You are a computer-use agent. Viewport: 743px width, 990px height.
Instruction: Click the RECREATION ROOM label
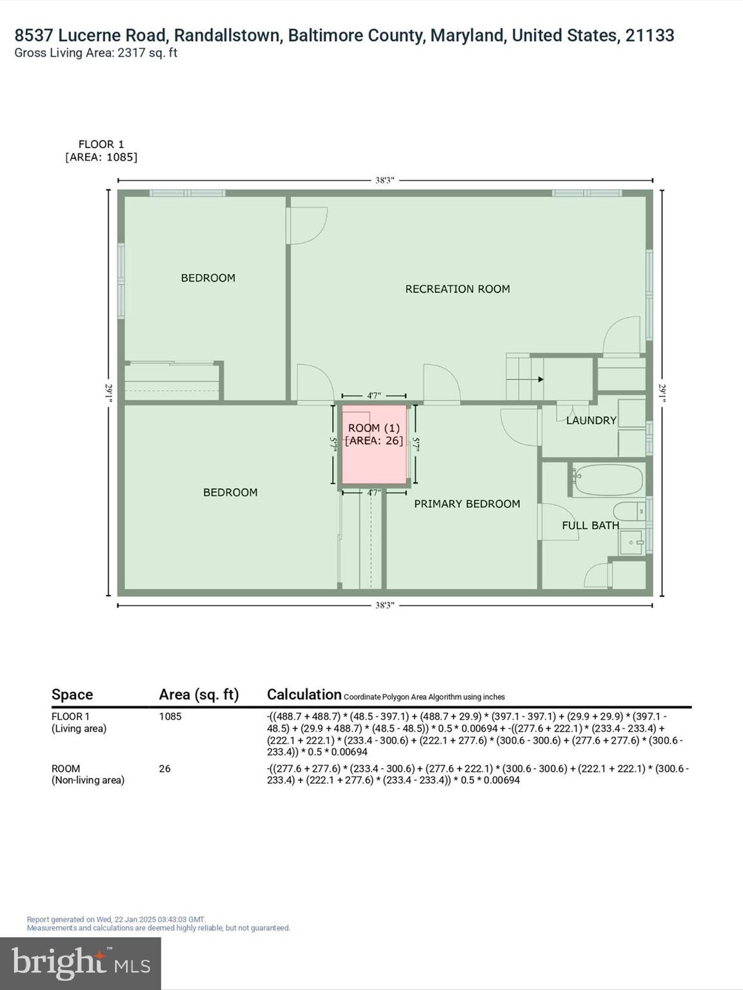[x=457, y=289]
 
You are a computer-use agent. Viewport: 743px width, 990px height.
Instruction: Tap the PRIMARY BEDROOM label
[x=466, y=504]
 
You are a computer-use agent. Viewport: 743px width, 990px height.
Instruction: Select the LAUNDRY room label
[x=591, y=420]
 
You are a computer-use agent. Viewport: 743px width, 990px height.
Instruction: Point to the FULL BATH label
[x=589, y=525]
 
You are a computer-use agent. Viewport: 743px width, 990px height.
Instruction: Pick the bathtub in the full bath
[x=608, y=480]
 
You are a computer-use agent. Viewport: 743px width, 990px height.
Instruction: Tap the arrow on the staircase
[x=539, y=379]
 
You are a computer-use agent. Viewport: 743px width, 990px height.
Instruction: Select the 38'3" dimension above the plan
[x=384, y=180]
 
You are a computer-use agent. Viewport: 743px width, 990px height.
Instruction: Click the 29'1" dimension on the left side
[x=109, y=393]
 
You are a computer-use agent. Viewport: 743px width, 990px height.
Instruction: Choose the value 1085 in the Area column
[x=170, y=717]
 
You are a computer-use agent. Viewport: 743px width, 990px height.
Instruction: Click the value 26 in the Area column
[x=164, y=769]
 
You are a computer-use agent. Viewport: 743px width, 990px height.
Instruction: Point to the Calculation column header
[x=304, y=695]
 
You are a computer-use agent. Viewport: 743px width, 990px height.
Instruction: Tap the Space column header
[x=72, y=695]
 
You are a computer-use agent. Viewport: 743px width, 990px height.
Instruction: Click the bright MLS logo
[x=81, y=963]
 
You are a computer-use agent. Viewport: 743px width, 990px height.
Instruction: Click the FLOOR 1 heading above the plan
[x=101, y=144]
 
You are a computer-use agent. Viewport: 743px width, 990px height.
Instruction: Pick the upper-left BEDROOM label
[x=208, y=278]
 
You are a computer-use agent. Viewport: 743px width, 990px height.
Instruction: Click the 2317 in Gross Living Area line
[x=131, y=53]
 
